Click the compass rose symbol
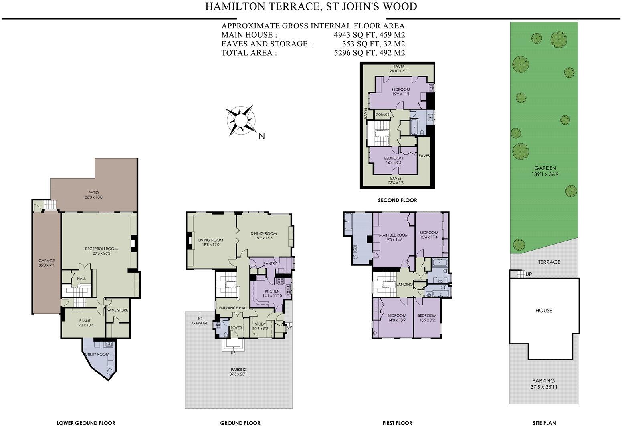tap(240, 120)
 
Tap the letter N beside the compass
tap(262, 137)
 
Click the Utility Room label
tap(97, 354)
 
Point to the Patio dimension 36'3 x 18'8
tap(94, 197)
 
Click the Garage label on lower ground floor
tap(46, 261)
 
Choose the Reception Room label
tap(101, 249)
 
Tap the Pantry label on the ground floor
tap(270, 263)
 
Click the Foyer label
tap(236, 328)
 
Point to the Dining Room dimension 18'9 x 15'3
tap(264, 238)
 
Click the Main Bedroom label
tap(394, 235)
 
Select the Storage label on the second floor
tap(382, 115)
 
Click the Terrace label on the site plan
tap(549, 262)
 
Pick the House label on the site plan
tap(543, 311)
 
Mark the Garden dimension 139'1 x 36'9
tap(545, 174)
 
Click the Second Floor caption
tap(397, 200)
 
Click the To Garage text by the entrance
tap(200, 320)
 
